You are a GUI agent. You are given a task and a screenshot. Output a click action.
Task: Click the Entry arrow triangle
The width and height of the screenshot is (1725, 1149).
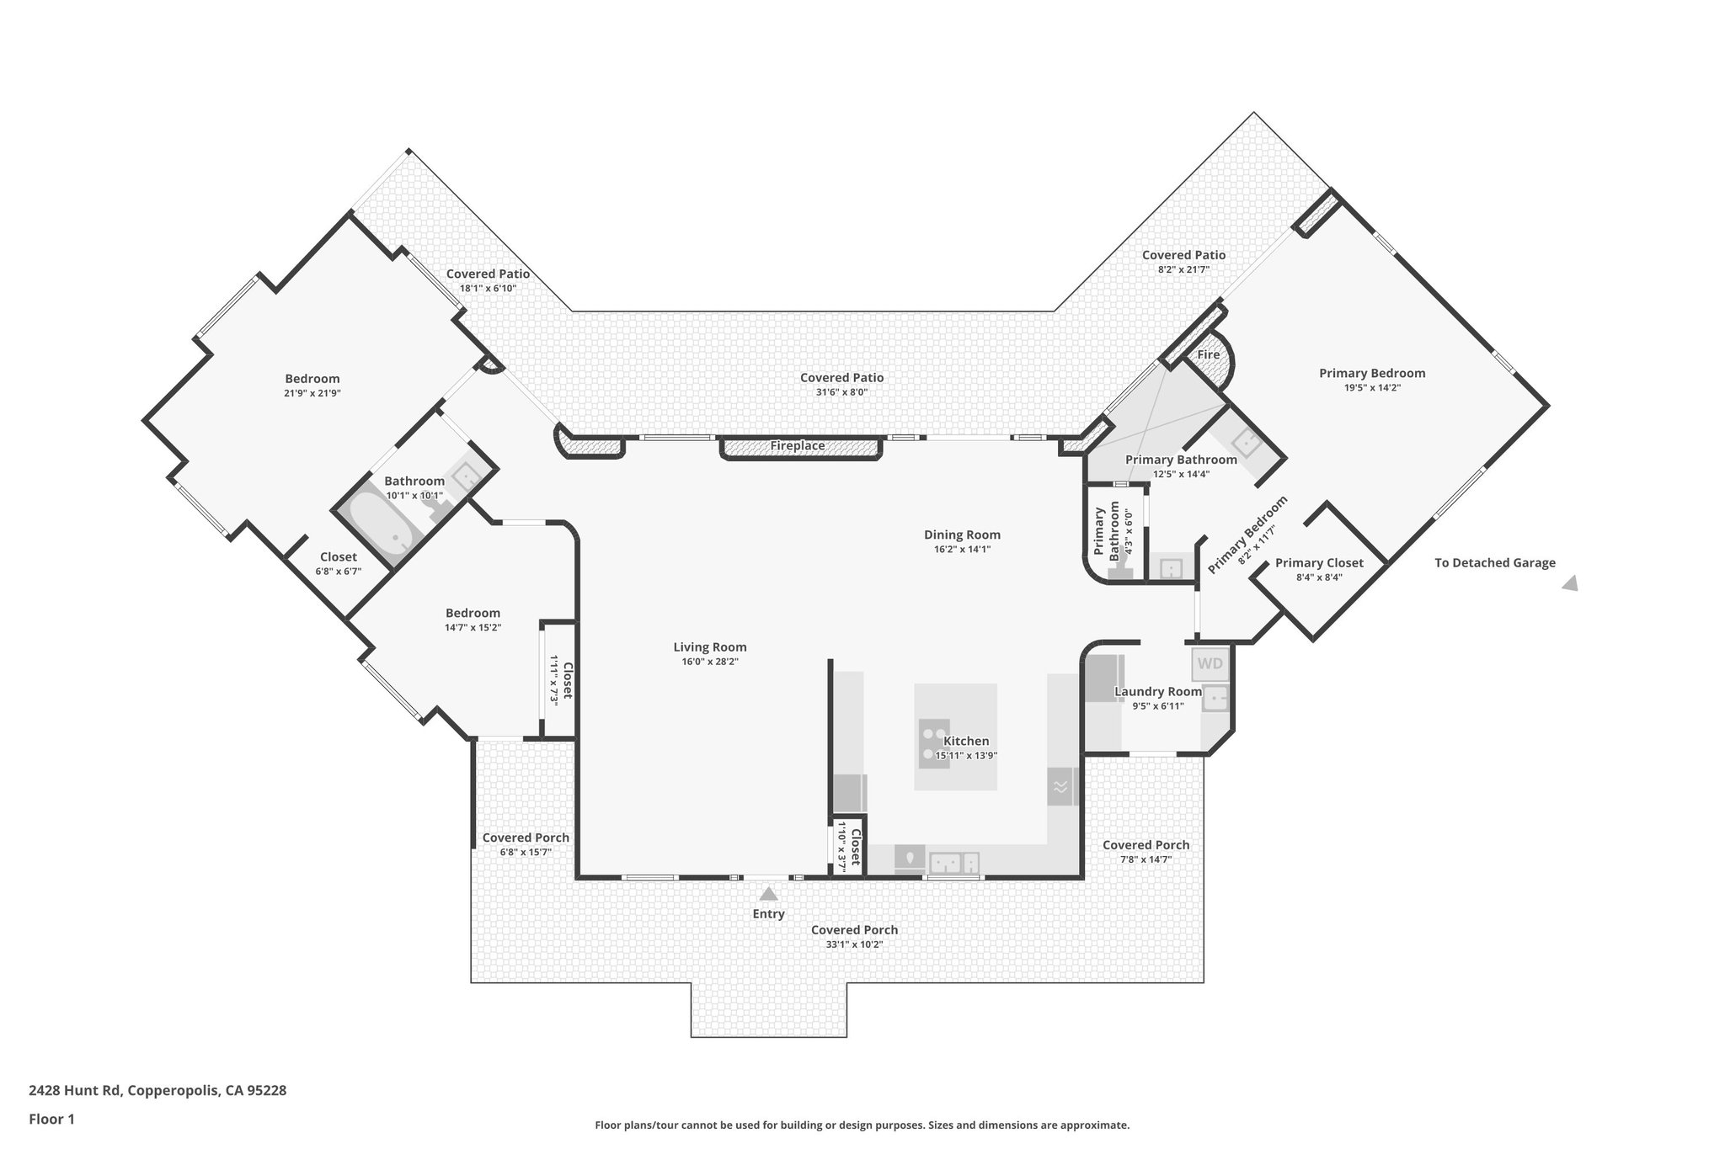pos(768,894)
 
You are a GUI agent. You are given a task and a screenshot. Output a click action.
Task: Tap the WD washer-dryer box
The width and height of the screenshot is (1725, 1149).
pos(1210,663)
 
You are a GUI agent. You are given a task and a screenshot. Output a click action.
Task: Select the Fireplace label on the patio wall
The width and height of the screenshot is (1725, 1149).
pos(797,446)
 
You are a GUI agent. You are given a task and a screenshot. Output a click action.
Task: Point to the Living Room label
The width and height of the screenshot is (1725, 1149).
pos(709,647)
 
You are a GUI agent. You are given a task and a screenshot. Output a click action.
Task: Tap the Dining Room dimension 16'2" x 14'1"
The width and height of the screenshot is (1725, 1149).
pos(962,550)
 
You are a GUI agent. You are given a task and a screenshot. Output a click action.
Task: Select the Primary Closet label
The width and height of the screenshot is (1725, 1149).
pos(1319,563)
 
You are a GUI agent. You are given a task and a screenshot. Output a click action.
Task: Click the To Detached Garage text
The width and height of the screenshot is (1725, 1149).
pos(1494,563)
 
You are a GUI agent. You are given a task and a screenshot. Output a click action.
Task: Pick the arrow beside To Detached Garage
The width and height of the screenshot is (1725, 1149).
pos(1570,583)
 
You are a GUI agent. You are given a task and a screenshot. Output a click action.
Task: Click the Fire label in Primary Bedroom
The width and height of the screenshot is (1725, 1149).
pos(1208,355)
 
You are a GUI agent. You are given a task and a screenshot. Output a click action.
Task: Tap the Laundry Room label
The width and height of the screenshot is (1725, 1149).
pos(1157,692)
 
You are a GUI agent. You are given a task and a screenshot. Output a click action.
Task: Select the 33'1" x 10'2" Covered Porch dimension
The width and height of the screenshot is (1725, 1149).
pos(854,944)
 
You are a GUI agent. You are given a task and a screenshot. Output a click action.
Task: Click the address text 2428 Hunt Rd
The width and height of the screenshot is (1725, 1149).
pos(158,1091)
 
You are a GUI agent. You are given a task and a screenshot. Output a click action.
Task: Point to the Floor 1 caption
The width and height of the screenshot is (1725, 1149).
pos(51,1120)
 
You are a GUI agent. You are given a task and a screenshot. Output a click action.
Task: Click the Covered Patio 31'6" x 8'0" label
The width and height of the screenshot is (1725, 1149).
pos(841,378)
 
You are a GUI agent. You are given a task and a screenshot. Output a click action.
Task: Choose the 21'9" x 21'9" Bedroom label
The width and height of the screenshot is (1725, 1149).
pos(312,379)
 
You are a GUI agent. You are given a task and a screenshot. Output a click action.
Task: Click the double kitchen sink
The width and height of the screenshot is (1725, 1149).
pos(954,863)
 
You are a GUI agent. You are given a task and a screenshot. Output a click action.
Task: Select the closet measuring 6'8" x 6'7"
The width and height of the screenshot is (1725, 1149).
pos(338,557)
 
